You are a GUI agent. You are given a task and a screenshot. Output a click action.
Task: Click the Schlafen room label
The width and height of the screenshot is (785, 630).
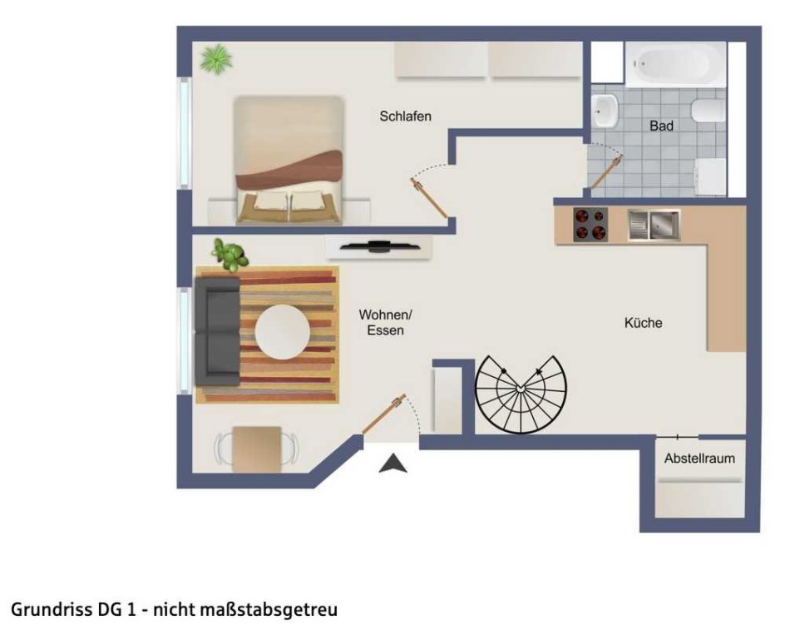(x=405, y=117)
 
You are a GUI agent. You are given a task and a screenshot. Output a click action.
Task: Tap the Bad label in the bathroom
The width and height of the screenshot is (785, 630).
(x=661, y=126)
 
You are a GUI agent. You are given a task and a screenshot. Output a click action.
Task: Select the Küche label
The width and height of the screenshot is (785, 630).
(x=643, y=322)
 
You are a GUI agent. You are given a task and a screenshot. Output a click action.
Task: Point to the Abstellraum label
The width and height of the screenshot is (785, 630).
(x=699, y=458)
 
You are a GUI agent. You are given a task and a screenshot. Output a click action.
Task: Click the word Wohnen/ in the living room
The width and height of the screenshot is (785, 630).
(x=385, y=315)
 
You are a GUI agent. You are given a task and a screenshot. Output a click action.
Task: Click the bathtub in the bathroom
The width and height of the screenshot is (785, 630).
(x=675, y=65)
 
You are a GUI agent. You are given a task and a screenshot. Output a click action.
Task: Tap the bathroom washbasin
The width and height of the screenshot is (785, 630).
(x=605, y=112)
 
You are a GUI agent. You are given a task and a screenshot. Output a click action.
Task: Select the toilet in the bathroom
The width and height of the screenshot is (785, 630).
(x=708, y=111)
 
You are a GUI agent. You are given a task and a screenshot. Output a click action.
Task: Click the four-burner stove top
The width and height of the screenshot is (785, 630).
(x=590, y=224)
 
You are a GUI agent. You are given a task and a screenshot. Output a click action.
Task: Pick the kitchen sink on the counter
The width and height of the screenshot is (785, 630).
(x=654, y=225)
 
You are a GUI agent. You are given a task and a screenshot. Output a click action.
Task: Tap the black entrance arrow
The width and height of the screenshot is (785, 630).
(x=393, y=463)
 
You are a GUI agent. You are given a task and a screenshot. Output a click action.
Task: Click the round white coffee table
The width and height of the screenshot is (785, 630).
(x=283, y=332)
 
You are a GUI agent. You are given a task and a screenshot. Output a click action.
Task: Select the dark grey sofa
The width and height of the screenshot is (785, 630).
(x=217, y=332)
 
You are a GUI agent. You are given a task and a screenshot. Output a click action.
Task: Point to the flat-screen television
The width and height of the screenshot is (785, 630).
(x=379, y=246)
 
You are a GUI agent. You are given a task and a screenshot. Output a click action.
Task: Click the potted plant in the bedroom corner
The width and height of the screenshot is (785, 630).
(x=216, y=59)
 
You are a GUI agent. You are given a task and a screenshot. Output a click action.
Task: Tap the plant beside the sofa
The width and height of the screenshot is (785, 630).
(x=230, y=255)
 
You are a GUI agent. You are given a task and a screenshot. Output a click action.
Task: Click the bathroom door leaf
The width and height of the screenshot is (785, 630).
(x=606, y=172)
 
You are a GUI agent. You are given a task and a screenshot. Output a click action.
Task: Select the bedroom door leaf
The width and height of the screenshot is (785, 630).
(x=429, y=198)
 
